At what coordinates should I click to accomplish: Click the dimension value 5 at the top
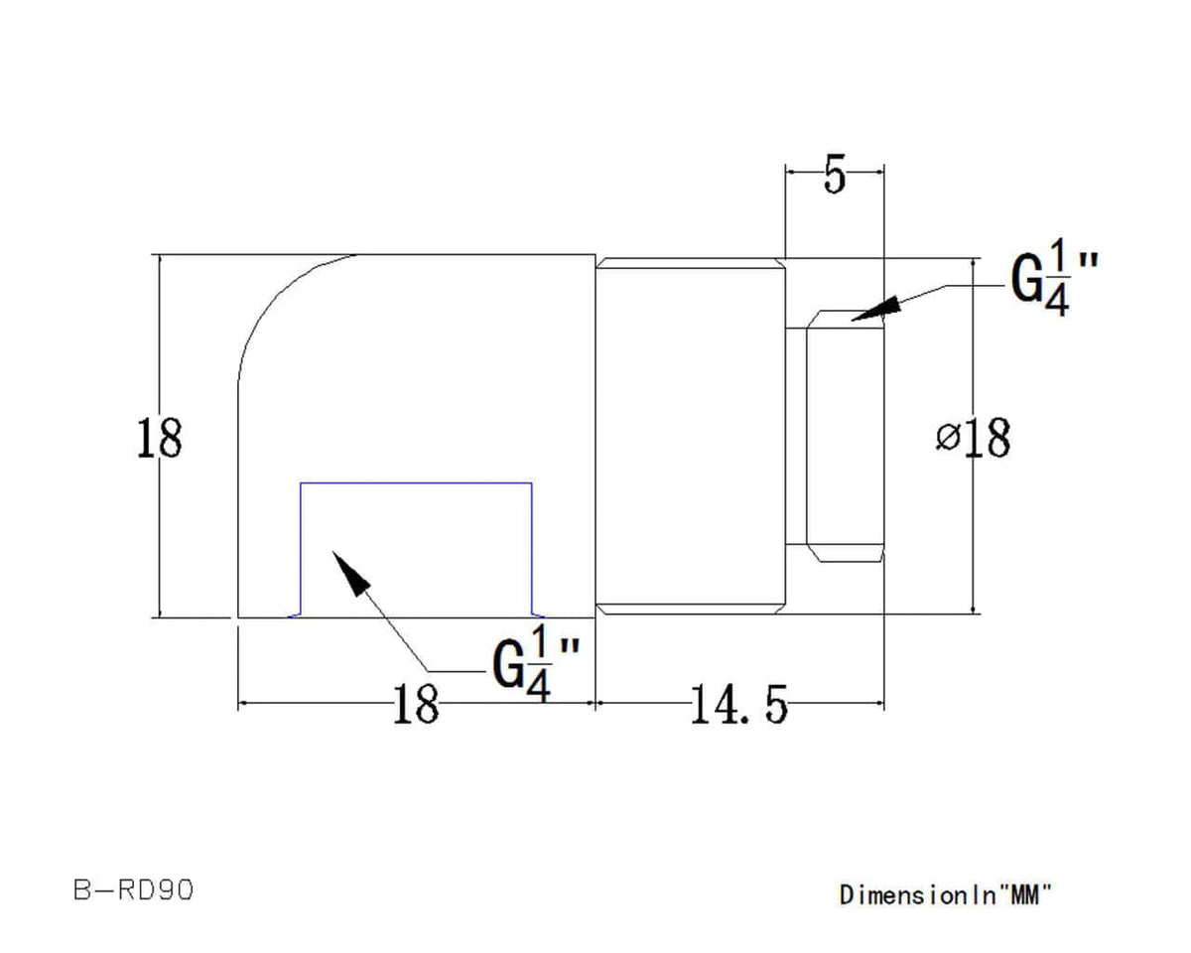[834, 177]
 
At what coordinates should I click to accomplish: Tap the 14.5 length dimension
[737, 706]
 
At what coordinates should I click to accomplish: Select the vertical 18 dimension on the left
[158, 438]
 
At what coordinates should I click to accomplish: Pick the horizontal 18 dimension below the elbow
[416, 706]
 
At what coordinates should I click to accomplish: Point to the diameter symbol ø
[948, 437]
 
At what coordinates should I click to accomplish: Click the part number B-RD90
[133, 890]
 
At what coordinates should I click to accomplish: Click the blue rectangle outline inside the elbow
[417, 483]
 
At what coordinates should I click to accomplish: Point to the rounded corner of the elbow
[278, 298]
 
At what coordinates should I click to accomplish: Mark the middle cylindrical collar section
[690, 437]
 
